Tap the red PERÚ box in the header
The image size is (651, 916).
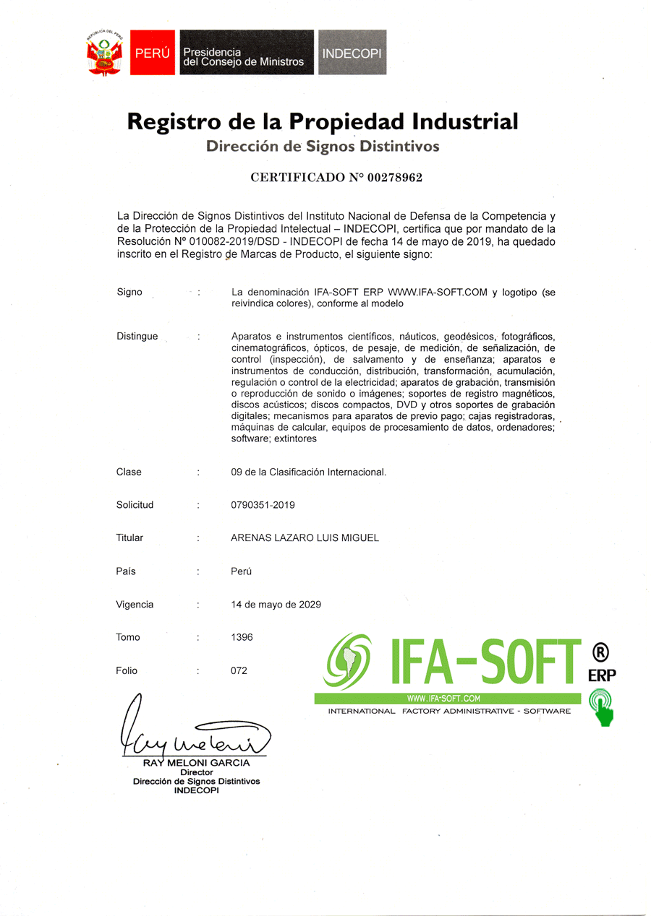coord(152,53)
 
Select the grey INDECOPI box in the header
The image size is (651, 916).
coord(352,53)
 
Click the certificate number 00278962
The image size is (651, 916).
coord(394,177)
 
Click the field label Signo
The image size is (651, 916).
coord(129,293)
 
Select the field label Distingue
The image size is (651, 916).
coord(137,337)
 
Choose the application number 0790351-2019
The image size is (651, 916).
coord(263,505)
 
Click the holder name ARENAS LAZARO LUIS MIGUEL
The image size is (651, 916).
coord(305,538)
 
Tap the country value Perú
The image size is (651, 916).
coord(241,571)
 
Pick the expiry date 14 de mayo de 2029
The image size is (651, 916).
coord(276,605)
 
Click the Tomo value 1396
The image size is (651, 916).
coord(242,638)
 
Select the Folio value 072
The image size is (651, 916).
coord(239,671)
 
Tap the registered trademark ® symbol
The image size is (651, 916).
coord(600,652)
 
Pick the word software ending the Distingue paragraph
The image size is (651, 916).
coord(248,438)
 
